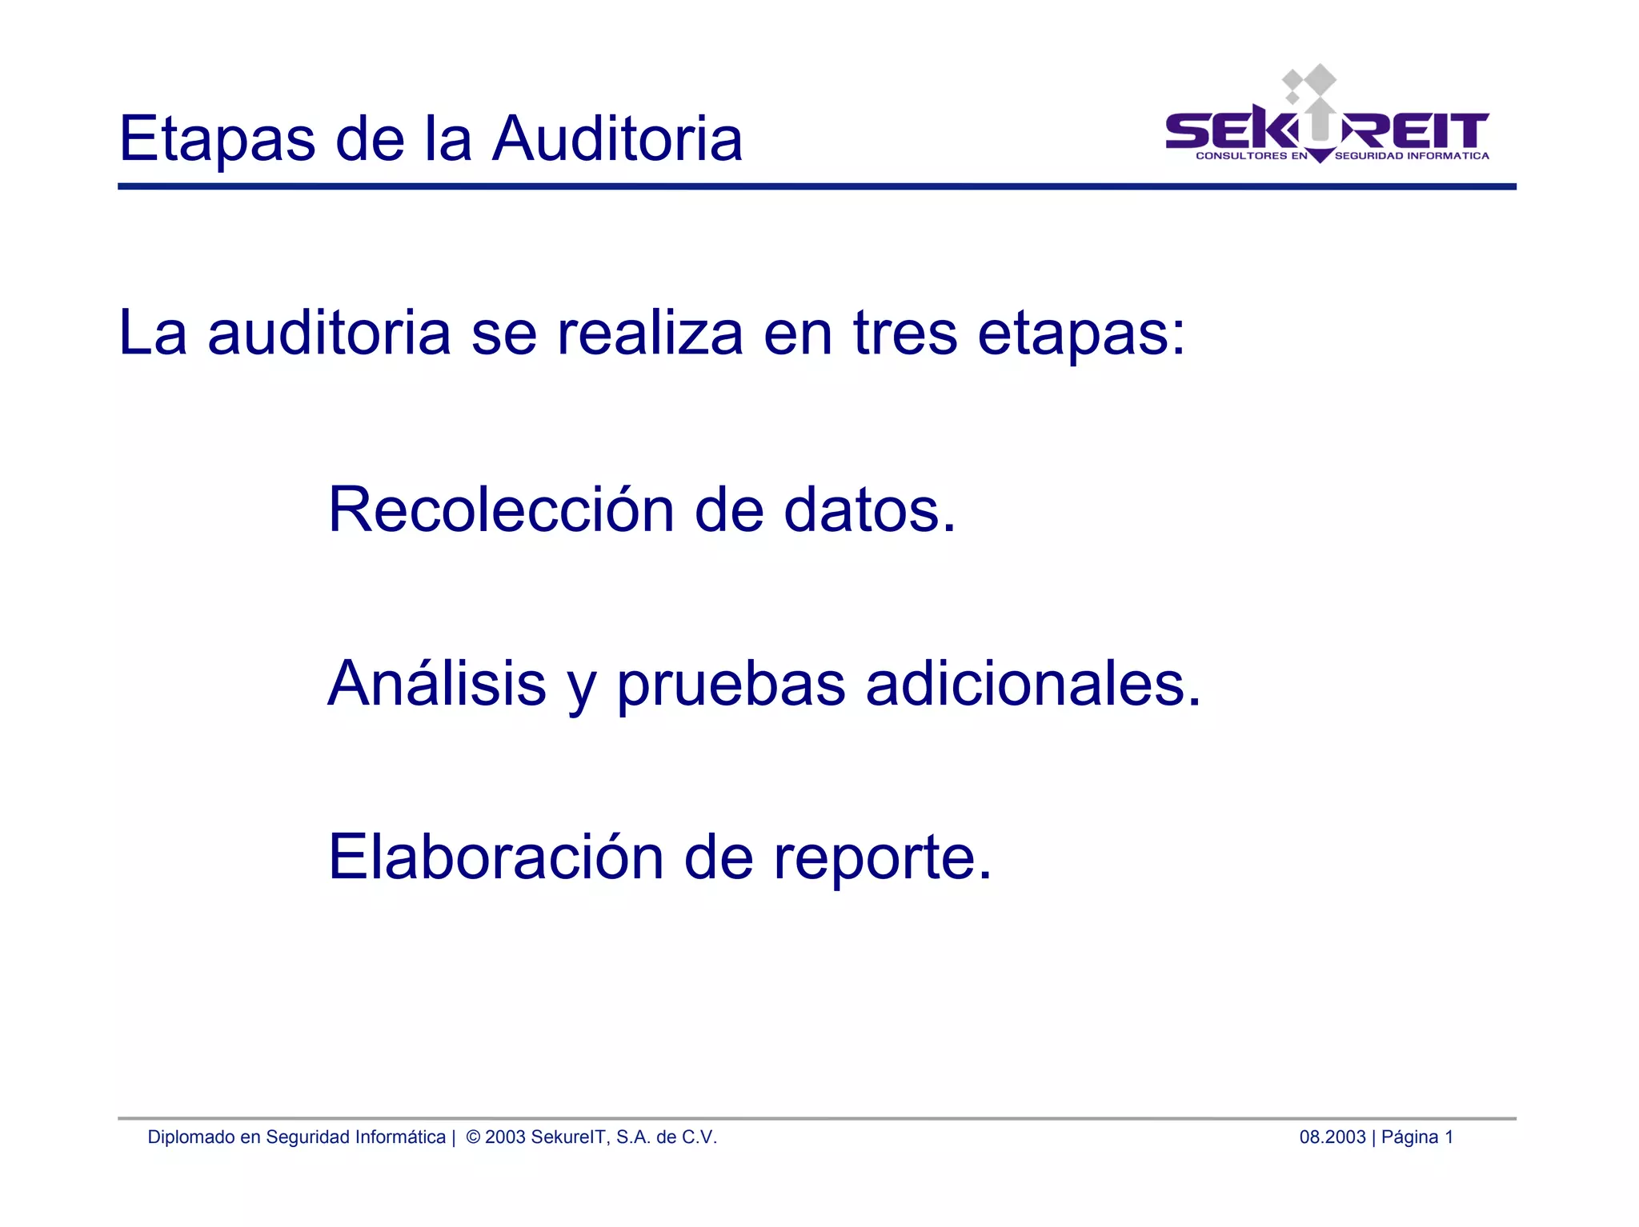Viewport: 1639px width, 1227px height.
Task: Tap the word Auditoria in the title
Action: pos(617,138)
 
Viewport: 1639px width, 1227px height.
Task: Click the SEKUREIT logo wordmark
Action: pos(1326,130)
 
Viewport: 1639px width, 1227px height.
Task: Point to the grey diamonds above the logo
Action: pos(1309,83)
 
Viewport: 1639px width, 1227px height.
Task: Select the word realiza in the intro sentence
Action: pos(650,334)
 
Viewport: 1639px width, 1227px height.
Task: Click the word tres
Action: pos(904,334)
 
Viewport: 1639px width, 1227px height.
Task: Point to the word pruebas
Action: pos(731,686)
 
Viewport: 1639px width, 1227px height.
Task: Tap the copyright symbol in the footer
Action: pos(473,1137)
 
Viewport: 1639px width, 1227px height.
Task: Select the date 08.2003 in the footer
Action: pos(1332,1137)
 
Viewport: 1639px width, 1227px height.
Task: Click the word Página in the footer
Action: pos(1409,1137)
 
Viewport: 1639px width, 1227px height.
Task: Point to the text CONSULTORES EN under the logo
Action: pos(1251,156)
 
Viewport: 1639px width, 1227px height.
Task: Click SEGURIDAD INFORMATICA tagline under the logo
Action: pos(1412,156)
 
